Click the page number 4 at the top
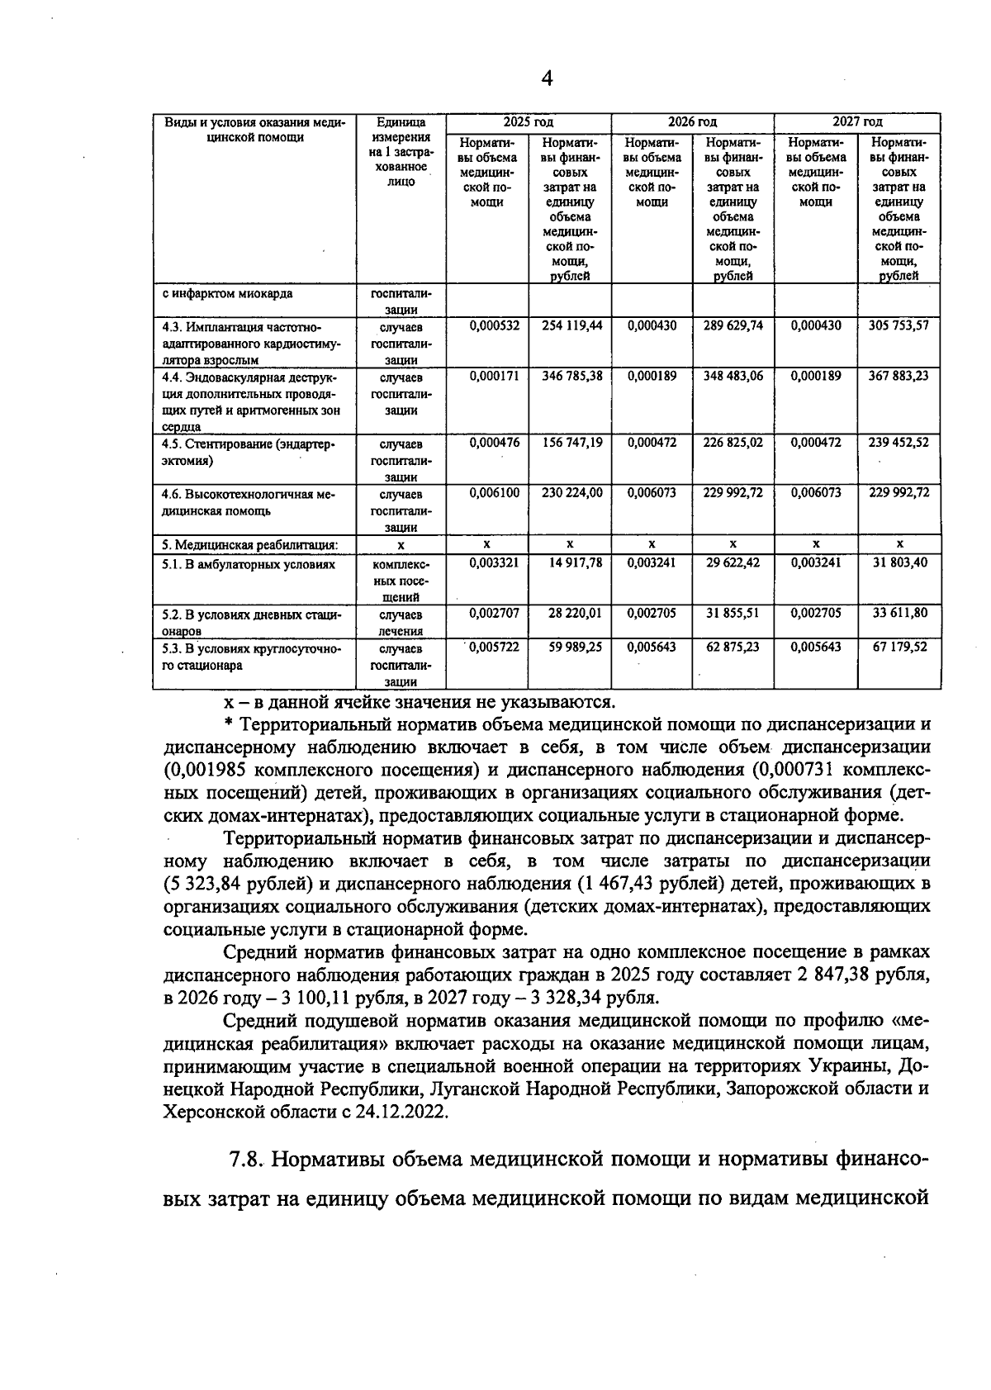(546, 78)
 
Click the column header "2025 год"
(529, 121)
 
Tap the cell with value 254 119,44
(571, 325)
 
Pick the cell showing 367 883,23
(899, 376)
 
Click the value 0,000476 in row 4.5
(494, 443)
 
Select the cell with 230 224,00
(571, 493)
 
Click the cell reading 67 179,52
(900, 647)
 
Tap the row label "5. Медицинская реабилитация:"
(249, 544)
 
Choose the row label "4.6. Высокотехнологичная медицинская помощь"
(248, 501)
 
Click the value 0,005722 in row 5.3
(494, 647)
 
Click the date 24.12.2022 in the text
(401, 1112)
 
